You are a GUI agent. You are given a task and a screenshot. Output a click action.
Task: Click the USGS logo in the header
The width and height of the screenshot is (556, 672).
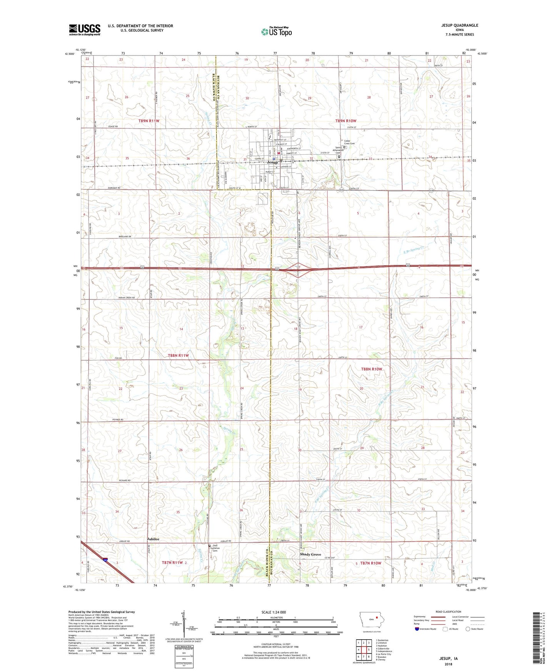click(84, 30)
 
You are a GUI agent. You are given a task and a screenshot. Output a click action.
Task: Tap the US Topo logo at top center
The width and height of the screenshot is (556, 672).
click(276, 32)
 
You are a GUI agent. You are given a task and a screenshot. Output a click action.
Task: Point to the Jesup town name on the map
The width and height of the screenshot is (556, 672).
click(272, 162)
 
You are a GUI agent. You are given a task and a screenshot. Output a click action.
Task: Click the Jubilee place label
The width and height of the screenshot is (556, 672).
click(153, 539)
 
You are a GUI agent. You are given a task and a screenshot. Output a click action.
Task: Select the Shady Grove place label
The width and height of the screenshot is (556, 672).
click(310, 554)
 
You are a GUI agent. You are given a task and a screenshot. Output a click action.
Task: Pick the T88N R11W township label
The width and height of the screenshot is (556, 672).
click(175, 355)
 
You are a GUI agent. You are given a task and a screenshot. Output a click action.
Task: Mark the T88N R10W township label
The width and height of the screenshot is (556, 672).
click(371, 369)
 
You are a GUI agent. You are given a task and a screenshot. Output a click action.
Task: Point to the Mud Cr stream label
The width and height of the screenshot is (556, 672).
click(434, 562)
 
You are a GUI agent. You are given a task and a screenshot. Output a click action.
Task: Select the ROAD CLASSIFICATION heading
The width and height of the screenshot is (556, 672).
click(449, 612)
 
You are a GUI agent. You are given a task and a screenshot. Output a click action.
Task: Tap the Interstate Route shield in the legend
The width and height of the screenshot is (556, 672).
click(417, 629)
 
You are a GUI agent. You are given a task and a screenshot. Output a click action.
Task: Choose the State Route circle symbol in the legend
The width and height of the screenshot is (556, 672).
click(468, 629)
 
